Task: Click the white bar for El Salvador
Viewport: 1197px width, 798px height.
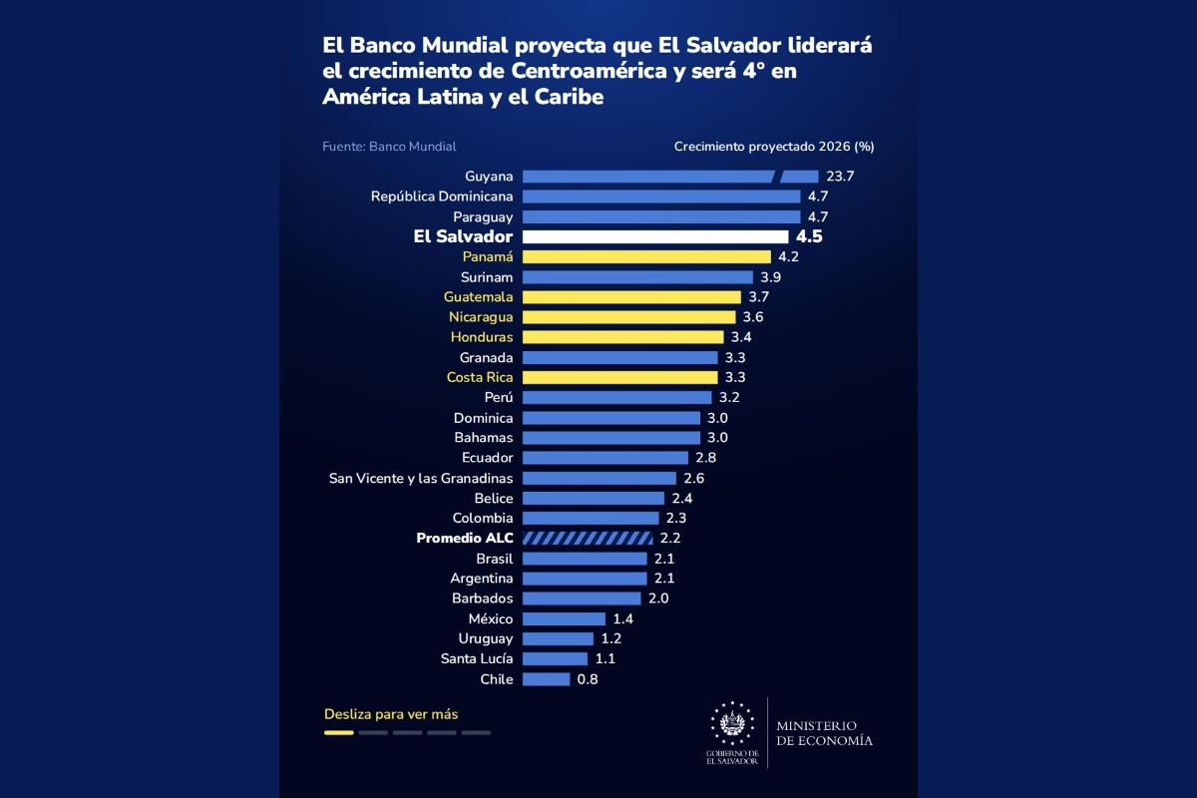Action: click(655, 236)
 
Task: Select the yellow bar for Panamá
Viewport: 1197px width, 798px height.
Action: click(646, 257)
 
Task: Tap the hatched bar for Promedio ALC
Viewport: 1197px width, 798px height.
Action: click(588, 539)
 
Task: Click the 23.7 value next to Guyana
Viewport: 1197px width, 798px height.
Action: click(840, 177)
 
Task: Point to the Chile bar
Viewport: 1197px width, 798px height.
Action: click(547, 679)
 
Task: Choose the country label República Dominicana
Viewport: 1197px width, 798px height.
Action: click(442, 197)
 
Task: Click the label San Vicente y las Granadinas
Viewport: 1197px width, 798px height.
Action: click(421, 479)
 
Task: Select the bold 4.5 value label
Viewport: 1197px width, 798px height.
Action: click(809, 236)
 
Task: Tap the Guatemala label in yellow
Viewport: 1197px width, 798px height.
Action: click(478, 297)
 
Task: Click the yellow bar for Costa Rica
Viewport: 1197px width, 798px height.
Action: click(619, 377)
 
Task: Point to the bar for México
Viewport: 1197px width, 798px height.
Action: click(564, 618)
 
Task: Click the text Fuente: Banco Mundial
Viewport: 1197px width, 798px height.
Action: click(389, 147)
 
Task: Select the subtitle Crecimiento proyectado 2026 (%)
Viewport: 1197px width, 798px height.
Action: click(774, 147)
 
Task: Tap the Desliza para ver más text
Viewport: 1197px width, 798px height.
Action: click(391, 714)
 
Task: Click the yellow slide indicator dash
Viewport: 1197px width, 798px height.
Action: click(339, 733)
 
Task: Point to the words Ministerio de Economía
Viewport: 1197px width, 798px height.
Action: click(824, 733)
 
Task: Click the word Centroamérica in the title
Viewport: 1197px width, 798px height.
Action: click(589, 71)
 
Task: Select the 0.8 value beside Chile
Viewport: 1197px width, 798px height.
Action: click(588, 679)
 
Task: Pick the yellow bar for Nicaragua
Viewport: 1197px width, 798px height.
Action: click(629, 317)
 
